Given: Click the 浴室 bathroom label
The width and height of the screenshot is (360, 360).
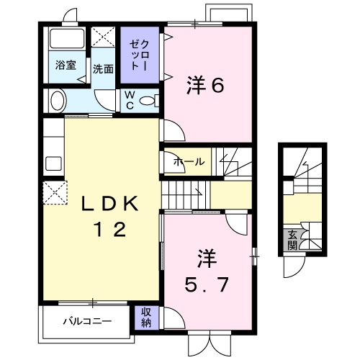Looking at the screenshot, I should [66, 64].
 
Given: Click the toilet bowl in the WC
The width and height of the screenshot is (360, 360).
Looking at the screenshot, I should [148, 101].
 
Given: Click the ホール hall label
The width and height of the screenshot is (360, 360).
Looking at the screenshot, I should [189, 162].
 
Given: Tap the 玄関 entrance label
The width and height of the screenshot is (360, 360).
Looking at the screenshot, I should [293, 238].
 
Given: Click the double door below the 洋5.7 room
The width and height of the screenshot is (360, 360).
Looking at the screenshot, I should [208, 344].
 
